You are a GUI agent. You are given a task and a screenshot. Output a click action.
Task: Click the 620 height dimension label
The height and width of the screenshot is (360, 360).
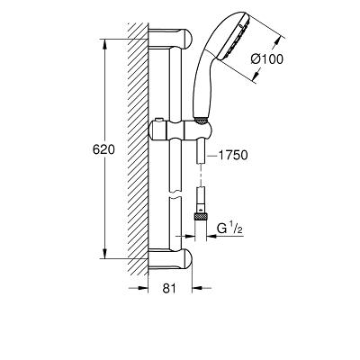click(x=103, y=149)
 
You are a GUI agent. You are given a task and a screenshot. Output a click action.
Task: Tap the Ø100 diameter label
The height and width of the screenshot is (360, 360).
click(x=266, y=59)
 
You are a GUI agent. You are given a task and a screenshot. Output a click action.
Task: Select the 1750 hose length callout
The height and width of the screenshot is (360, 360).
click(x=233, y=155)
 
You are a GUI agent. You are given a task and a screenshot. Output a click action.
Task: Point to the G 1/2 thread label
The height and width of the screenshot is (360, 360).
click(x=229, y=229)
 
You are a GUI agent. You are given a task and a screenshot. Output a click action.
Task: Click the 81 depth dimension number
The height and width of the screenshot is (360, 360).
click(x=169, y=288)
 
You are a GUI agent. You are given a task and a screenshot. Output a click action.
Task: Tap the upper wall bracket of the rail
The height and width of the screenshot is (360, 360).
click(x=170, y=39)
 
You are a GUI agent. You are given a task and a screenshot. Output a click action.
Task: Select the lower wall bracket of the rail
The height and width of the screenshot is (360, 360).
click(x=170, y=258)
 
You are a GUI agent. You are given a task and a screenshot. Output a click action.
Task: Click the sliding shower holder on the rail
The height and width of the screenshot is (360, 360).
click(x=180, y=130)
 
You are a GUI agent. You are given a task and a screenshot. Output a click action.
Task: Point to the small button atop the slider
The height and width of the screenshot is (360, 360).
click(x=158, y=121)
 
